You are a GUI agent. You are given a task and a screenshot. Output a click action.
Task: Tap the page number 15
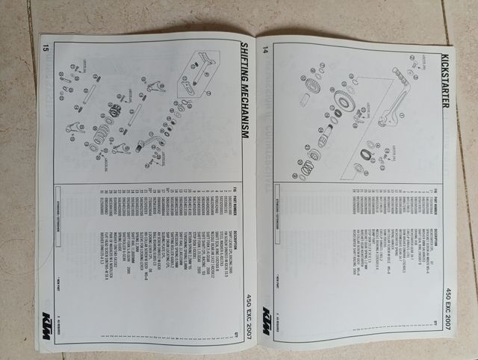tap(46, 50)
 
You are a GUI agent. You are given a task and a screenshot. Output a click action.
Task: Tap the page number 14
tap(265, 49)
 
